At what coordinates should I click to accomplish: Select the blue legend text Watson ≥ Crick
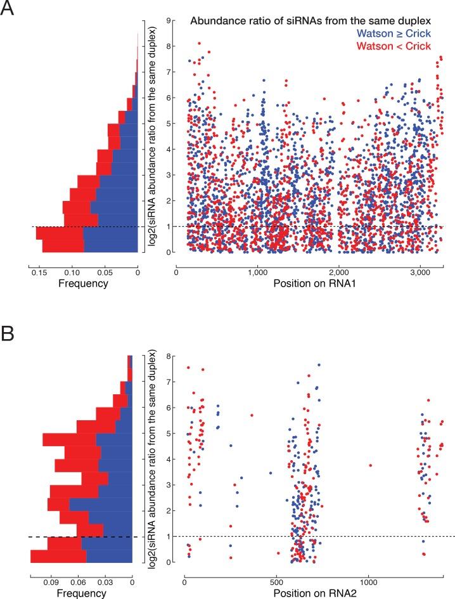(410, 34)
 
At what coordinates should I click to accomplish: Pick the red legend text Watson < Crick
(410, 46)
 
